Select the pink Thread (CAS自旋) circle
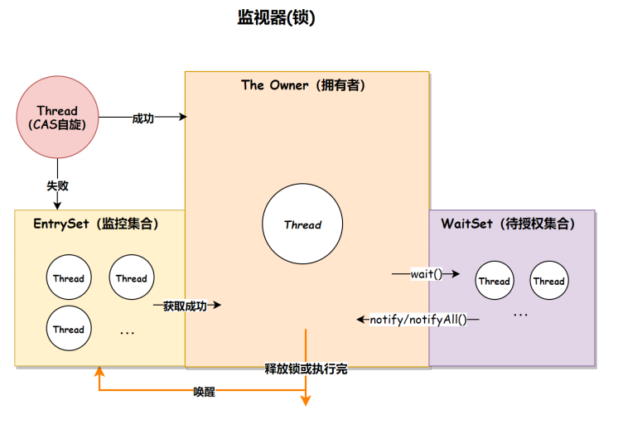point(57,118)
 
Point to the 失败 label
point(57,186)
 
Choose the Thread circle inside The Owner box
point(302,224)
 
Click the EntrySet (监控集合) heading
point(96,224)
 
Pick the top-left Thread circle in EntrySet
point(69,278)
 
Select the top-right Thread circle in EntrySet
point(131,278)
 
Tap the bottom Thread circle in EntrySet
point(69,329)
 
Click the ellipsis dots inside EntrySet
point(128,332)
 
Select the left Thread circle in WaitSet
point(494,281)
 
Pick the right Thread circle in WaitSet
point(548,281)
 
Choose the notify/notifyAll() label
point(418,319)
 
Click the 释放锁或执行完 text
point(306,369)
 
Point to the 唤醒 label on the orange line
point(205,392)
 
